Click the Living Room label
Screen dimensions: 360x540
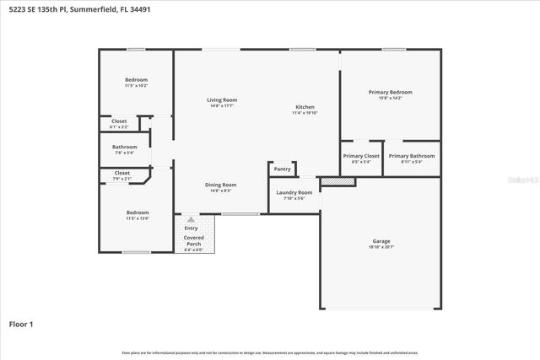tap(222, 100)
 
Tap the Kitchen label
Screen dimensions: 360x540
tap(305, 107)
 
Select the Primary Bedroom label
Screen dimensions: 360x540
tap(390, 91)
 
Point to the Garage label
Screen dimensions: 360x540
tap(381, 241)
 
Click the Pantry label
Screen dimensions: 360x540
tap(283, 169)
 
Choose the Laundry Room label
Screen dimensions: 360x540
tap(294, 192)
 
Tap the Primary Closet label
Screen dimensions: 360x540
tap(360, 156)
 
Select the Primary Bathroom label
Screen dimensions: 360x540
tap(411, 156)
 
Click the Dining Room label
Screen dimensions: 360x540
tap(221, 185)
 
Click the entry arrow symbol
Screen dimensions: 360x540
tap(191, 219)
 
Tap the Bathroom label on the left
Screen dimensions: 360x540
tap(124, 148)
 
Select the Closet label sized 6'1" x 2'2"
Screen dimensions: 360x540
tap(119, 121)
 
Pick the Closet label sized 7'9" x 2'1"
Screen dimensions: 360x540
tap(122, 173)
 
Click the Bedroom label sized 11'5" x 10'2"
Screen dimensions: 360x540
tap(137, 80)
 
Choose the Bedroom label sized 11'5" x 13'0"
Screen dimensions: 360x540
tap(138, 212)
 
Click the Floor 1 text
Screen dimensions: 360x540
tap(21, 323)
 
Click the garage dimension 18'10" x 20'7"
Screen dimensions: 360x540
tap(381, 247)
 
